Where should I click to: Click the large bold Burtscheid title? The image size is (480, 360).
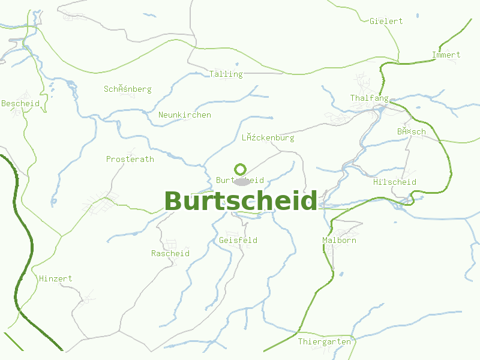point(240,201)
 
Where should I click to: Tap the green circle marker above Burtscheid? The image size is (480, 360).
point(241,169)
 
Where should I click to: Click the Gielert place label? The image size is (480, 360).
point(386,21)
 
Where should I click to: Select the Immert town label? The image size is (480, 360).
point(446,55)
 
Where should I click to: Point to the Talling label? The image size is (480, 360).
point(226,74)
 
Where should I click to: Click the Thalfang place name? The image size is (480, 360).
point(369,98)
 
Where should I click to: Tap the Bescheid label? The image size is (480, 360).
point(20,103)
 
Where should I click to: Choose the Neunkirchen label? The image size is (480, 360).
point(185,115)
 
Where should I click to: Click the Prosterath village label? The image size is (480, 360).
point(130,159)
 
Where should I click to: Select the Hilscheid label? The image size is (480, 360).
point(394,182)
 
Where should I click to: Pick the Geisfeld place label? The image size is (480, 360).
point(238,240)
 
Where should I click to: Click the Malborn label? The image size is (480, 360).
point(339,240)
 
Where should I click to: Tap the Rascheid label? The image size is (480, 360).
point(170,253)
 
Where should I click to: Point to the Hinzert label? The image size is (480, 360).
point(55,278)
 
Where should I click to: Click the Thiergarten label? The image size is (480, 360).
point(324,341)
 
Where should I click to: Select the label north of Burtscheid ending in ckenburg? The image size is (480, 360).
point(268,137)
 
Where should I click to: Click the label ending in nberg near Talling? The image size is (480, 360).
point(127,89)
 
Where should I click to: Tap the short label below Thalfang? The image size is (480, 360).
point(411,131)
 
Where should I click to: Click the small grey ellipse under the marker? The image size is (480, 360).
point(241,182)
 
